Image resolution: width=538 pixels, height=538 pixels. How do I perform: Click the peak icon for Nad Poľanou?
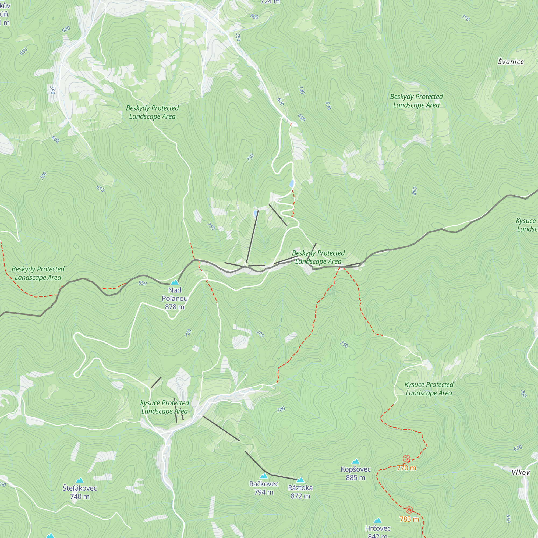tap(175, 282)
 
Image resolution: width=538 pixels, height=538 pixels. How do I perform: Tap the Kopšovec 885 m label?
tap(356, 473)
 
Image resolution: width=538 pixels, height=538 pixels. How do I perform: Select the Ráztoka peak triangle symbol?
tap(300, 480)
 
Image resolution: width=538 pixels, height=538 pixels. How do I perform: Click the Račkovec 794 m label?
tap(264, 488)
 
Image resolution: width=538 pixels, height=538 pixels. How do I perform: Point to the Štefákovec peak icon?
tap(80, 480)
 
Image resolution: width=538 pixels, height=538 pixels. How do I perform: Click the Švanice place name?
tap(511, 62)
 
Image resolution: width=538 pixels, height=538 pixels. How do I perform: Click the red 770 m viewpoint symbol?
tap(406, 459)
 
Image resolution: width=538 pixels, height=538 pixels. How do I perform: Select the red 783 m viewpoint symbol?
tap(409, 510)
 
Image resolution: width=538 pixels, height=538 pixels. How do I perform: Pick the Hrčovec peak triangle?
tap(378, 521)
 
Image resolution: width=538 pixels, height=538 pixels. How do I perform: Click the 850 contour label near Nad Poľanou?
tap(142, 283)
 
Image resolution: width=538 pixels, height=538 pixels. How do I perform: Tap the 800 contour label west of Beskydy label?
tap(328, 106)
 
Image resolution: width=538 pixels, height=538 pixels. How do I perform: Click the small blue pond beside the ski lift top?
tap(255, 214)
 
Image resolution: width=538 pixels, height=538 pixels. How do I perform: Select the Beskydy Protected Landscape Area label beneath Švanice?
tap(416, 101)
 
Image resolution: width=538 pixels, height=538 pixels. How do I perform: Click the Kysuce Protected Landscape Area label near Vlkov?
tap(429, 389)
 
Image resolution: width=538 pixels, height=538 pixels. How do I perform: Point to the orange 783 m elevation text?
tap(409, 519)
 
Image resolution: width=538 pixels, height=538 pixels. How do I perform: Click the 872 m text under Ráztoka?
tap(300, 496)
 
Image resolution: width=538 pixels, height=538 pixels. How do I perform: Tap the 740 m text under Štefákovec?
tap(80, 497)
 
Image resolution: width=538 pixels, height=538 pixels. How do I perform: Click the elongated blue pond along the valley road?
tap(292, 183)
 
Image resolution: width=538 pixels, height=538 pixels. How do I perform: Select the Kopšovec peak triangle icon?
tap(356, 461)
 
